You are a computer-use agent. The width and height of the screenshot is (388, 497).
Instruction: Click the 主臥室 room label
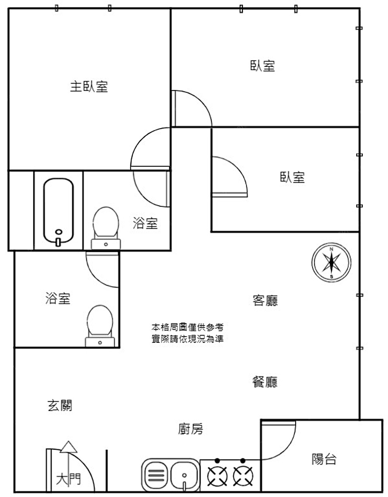coord(89,86)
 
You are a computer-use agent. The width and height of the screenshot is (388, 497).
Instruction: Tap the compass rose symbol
coord(331,263)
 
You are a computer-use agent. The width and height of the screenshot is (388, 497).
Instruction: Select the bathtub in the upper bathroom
coord(58,210)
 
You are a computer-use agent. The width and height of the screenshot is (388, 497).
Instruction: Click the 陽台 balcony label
coord(324,459)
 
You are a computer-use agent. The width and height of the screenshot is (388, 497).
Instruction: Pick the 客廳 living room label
coord(265,301)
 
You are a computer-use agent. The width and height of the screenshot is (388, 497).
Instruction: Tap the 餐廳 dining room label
coord(265,382)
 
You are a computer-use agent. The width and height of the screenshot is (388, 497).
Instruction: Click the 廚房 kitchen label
coord(191,429)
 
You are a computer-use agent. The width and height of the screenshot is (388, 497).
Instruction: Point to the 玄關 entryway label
coord(60,406)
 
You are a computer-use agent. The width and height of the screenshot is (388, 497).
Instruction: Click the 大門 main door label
coord(68,479)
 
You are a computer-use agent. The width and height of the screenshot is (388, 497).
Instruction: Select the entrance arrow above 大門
coord(69,448)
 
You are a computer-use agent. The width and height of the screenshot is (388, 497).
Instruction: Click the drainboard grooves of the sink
coord(156,475)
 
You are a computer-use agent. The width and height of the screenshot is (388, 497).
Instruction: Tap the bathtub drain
coord(59,232)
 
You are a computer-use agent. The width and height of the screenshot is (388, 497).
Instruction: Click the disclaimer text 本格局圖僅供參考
coord(187,327)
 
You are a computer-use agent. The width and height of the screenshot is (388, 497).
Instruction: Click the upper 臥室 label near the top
coord(263,66)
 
